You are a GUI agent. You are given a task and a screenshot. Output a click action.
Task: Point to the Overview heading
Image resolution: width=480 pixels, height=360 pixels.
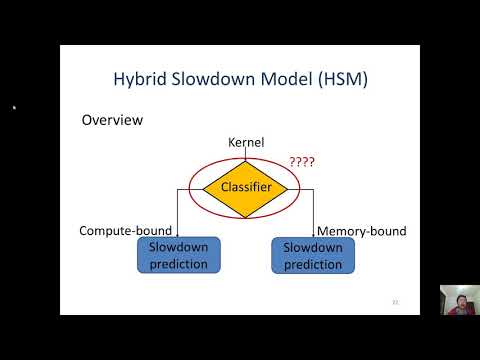[x=112, y=120]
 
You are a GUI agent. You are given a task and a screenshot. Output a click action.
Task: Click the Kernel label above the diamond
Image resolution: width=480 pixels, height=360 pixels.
[x=246, y=143]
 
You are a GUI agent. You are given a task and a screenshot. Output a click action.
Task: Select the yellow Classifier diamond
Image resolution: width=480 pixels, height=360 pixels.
[x=246, y=186]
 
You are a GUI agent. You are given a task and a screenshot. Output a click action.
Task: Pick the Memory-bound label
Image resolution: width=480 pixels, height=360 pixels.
[x=362, y=231]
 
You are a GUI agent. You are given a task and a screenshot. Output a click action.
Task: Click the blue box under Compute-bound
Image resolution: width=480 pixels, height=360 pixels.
[x=178, y=256]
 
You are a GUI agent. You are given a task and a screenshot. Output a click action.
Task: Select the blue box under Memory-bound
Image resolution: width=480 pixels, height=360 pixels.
[x=313, y=256]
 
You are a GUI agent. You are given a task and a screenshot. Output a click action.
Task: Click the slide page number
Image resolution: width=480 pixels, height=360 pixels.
[x=394, y=300]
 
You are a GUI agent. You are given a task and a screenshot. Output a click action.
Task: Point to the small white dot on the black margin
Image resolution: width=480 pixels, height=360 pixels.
[x=14, y=107]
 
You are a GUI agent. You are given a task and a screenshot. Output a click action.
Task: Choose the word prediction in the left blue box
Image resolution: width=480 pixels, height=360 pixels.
[x=178, y=264]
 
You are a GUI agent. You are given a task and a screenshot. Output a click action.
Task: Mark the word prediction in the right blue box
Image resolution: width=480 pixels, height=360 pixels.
[x=313, y=264]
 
